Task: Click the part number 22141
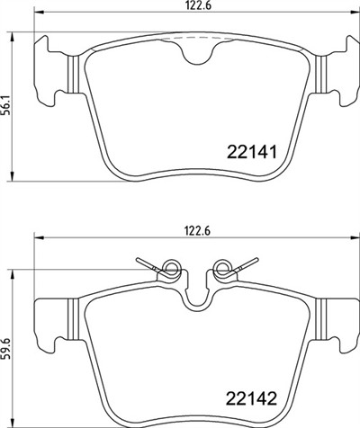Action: (251, 152)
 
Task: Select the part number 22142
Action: (251, 398)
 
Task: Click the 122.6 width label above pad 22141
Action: (198, 6)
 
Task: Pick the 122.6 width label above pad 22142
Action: (198, 231)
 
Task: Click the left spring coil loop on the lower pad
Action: (172, 268)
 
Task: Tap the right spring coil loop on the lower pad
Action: (223, 268)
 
